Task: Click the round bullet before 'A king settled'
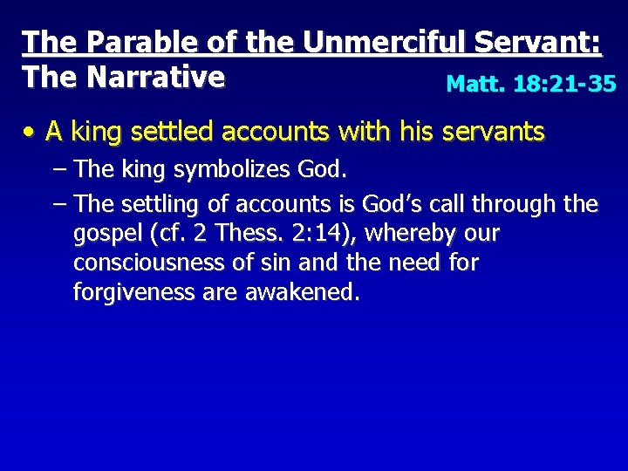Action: [x=31, y=133]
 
